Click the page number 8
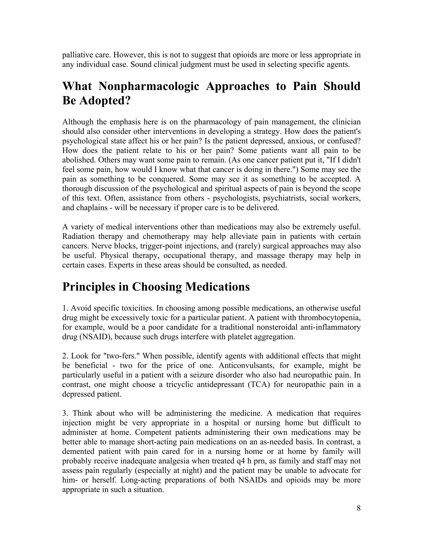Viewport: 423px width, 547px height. point(358,508)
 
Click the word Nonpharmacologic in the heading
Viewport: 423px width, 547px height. point(149,86)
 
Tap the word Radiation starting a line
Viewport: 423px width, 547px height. point(78,236)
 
